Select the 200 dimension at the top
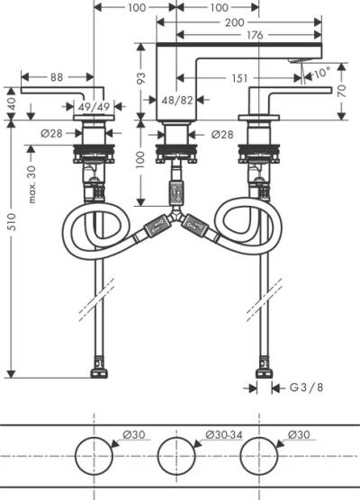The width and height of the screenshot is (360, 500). click(236, 23)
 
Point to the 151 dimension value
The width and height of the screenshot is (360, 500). click(238, 78)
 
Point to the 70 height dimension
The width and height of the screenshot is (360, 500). click(343, 90)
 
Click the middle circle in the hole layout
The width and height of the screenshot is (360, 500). click(176, 458)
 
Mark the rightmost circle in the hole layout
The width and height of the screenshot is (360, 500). click(260, 458)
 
